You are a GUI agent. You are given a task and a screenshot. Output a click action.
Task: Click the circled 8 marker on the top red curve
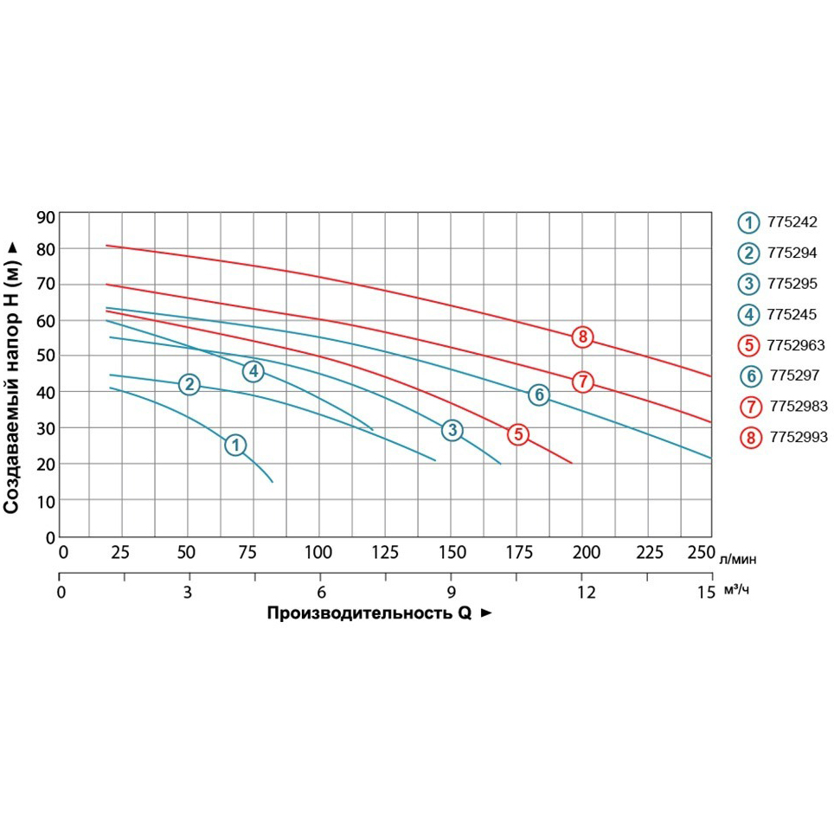[x=583, y=337]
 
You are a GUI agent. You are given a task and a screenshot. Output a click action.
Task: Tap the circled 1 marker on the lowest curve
[x=235, y=445]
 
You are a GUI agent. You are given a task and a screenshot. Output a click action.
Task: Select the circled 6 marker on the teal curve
[x=539, y=395]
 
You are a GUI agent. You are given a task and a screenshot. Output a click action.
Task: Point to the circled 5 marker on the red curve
[x=517, y=434]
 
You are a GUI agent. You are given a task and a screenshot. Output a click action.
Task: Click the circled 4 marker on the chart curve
[x=253, y=371]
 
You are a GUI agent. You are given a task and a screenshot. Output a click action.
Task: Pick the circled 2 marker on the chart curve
[x=189, y=384]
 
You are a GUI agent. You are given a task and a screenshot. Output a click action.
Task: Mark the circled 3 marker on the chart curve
[x=452, y=430]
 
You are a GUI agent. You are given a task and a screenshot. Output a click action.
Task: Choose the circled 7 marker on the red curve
[x=583, y=381]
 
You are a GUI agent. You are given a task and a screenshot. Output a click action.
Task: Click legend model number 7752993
[x=798, y=438]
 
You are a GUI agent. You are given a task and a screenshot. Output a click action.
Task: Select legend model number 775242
[x=792, y=221]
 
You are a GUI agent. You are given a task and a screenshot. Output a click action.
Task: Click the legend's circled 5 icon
[x=749, y=345]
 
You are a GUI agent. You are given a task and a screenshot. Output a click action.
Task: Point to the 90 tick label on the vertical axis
[x=46, y=216]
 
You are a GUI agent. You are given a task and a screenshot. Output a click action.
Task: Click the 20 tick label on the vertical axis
[x=46, y=465]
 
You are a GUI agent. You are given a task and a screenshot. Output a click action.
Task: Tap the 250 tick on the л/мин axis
[x=698, y=553]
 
